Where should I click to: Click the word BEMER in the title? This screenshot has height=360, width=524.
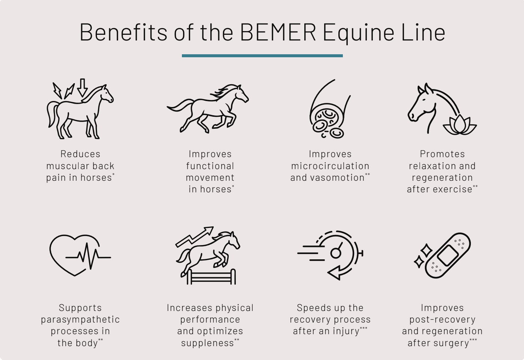point(278,32)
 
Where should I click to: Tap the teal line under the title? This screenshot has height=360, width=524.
point(262,56)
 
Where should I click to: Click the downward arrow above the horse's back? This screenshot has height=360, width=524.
point(83,87)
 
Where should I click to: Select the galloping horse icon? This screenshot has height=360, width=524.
point(208,108)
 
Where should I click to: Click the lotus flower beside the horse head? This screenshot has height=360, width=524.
point(460,125)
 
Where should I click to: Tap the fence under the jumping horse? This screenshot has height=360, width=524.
point(211,278)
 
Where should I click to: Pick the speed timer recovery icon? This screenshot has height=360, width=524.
point(331,254)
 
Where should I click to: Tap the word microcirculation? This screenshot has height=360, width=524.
point(330,166)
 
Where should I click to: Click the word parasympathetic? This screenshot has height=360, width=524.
point(80,320)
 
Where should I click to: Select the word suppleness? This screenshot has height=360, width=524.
point(207,343)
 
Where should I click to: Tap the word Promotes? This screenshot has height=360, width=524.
point(442,154)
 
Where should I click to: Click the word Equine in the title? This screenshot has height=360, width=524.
point(359,32)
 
